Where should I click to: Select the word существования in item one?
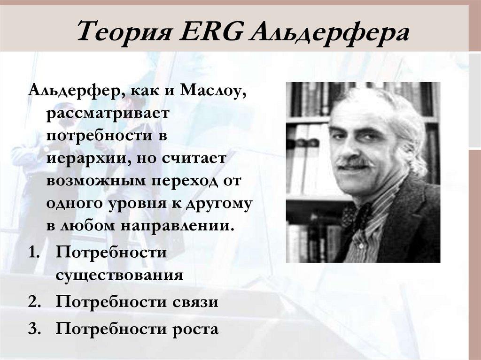point(119,274)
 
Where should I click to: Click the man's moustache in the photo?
point(356,163)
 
